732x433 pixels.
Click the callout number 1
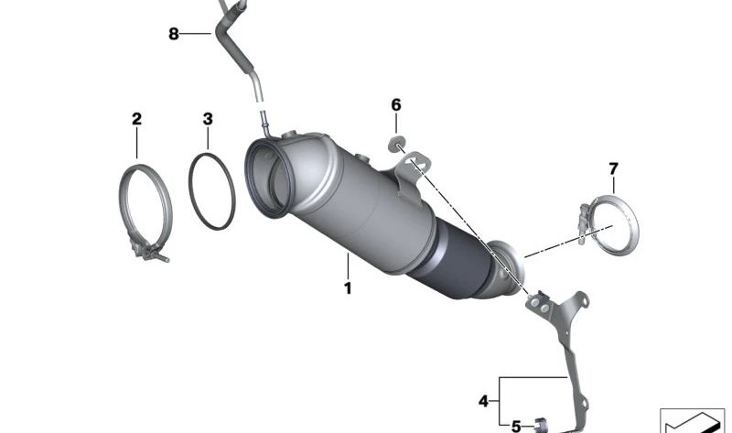click(348, 288)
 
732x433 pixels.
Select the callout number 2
click(136, 118)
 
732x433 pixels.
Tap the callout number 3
click(208, 118)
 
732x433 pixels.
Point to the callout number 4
click(483, 400)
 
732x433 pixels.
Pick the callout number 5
click(515, 426)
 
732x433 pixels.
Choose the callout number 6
click(396, 105)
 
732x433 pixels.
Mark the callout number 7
click(613, 168)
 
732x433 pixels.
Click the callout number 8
click(174, 35)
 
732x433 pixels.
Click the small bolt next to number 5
click(542, 424)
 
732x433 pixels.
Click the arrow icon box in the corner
click(692, 419)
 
